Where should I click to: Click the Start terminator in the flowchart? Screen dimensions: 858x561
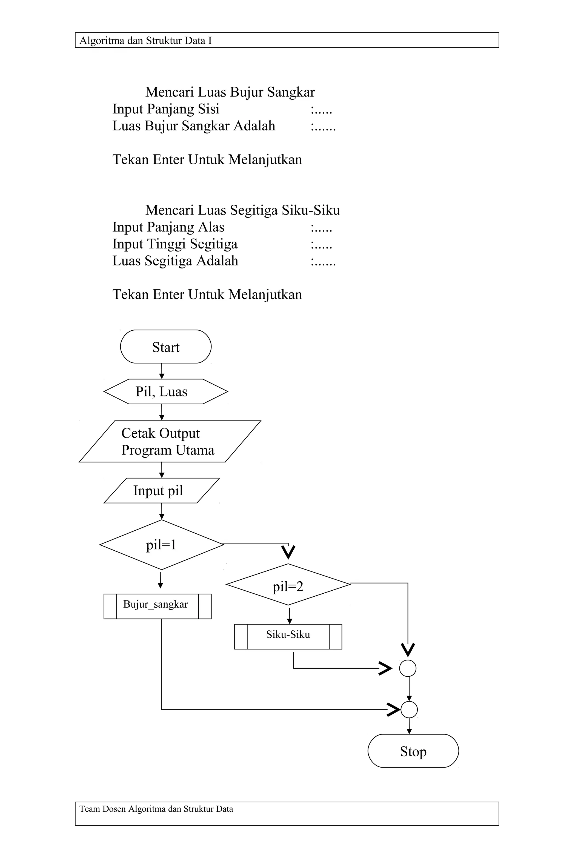pos(165,347)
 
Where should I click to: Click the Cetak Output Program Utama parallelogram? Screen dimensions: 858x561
pos(170,441)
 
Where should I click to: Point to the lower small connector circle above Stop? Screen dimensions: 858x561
pos(409,710)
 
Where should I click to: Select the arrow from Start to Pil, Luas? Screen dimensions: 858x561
pos(162,371)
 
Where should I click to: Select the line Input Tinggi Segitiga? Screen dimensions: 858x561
pos(175,244)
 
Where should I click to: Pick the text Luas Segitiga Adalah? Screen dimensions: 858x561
pos(175,261)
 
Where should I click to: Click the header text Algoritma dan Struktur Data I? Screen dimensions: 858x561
pos(145,40)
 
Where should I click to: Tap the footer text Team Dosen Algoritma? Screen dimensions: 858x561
pos(156,809)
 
